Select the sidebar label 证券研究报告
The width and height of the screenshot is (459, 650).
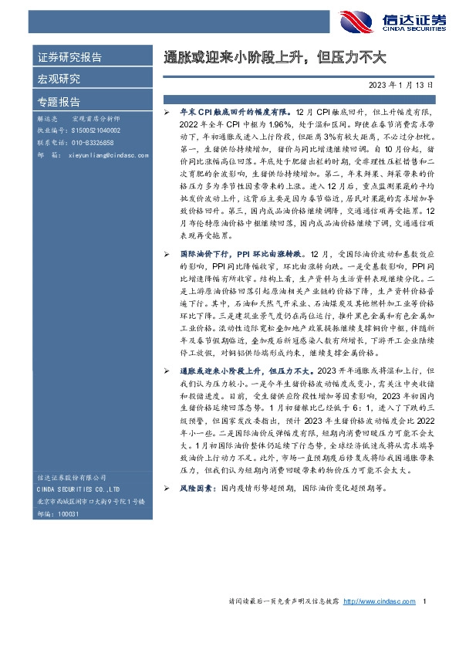click(x=70, y=57)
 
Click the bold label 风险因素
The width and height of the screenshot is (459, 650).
click(x=197, y=489)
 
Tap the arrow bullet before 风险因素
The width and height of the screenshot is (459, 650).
click(x=168, y=489)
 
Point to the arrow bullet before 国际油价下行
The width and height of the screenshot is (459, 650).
click(x=168, y=253)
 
